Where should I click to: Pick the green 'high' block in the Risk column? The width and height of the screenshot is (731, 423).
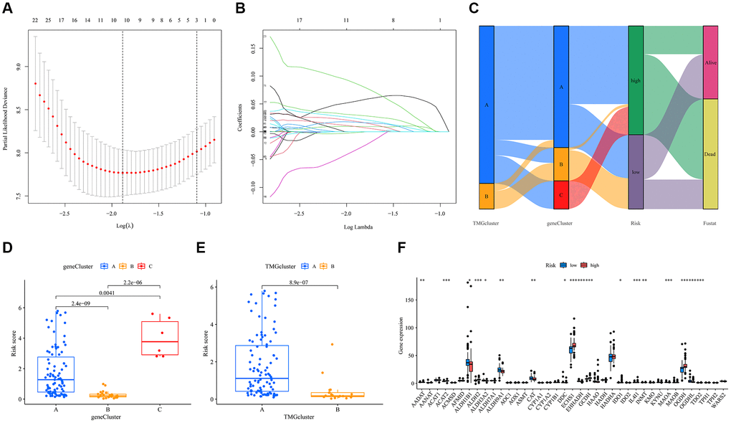pyautogui.click(x=636, y=80)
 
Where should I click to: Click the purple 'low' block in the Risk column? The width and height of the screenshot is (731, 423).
pyautogui.click(x=636, y=172)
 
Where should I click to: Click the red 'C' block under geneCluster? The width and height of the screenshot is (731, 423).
pyautogui.click(x=561, y=194)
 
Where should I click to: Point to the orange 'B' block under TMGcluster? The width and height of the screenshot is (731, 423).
pyautogui.click(x=487, y=196)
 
